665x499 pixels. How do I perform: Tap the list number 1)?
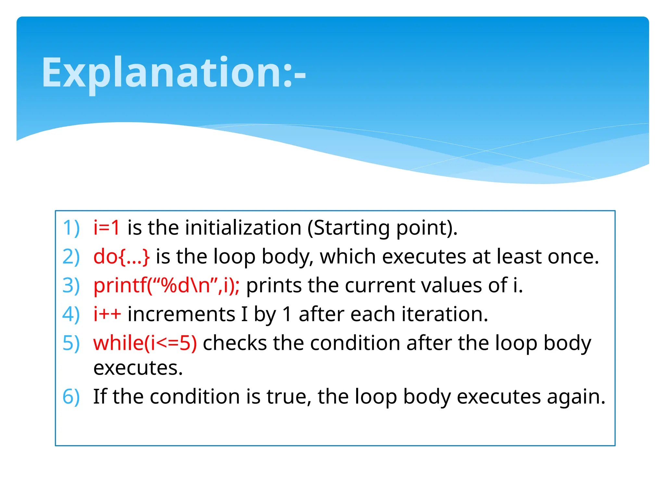(71, 228)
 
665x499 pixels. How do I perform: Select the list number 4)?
(71, 314)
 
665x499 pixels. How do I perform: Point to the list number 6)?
(71, 397)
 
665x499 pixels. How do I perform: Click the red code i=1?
(107, 227)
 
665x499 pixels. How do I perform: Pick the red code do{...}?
(121, 257)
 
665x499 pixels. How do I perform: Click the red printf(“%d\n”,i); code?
(166, 286)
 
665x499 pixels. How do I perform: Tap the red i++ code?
(107, 314)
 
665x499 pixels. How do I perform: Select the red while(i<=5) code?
(145, 343)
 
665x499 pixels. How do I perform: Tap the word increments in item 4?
(181, 314)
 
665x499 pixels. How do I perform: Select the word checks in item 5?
(234, 343)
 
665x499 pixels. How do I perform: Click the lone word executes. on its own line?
(138, 368)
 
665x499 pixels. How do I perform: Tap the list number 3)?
(71, 286)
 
